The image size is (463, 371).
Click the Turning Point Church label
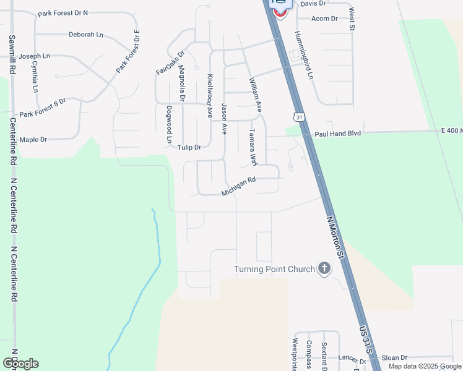(x=274, y=269)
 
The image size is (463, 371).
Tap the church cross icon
(x=324, y=268)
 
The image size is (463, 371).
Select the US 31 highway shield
(x=300, y=117)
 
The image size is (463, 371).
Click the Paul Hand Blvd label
(x=337, y=134)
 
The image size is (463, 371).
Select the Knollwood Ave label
(x=210, y=96)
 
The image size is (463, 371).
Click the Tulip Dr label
(x=189, y=147)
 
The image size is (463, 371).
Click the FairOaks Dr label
(x=170, y=63)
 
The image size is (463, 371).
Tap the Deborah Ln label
(x=85, y=35)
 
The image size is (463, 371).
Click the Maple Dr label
(x=33, y=140)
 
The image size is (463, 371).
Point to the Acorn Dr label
(x=324, y=19)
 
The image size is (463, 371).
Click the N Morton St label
(x=335, y=237)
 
